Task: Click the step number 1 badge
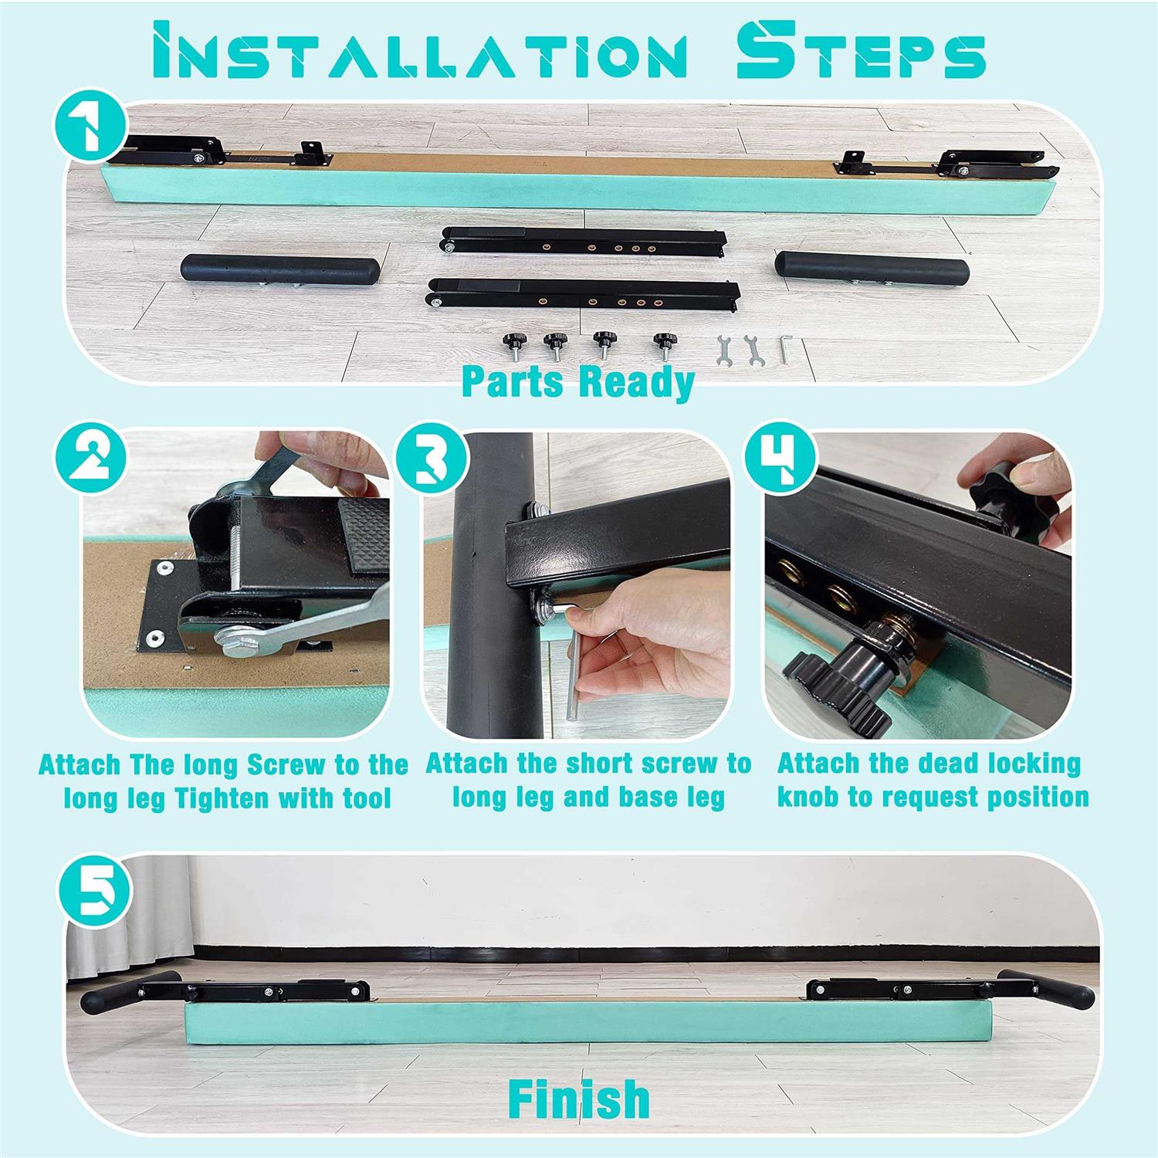90,124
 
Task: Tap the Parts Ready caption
579,381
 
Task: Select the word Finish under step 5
579,1096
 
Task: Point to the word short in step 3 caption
606,764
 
